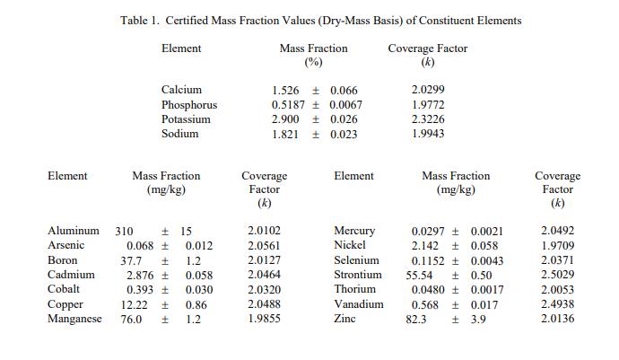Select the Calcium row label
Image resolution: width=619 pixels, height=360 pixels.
pos(181,91)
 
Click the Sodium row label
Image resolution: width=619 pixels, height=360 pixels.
pos(179,134)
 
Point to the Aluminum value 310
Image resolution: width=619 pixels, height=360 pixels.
pos(124,232)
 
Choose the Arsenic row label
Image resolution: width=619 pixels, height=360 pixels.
pos(65,246)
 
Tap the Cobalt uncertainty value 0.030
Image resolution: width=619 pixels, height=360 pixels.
pos(199,289)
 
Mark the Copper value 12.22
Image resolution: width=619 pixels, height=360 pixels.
pos(135,304)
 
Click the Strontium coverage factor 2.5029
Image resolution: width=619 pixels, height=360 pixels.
pos(558,275)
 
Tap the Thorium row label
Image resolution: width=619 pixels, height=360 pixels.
pos(354,289)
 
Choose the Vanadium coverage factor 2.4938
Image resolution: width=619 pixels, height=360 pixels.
pos(558,304)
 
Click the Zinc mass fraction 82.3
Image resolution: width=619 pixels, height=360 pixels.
pos(415,319)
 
